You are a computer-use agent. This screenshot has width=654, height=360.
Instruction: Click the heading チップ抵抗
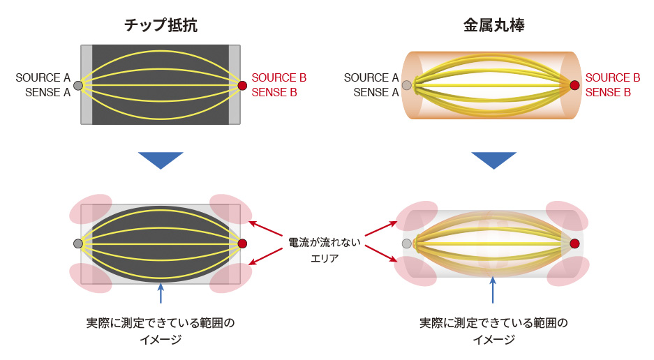(161, 26)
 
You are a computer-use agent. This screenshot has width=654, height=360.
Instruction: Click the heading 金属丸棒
(493, 26)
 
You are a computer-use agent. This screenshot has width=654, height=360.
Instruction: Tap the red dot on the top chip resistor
(242, 86)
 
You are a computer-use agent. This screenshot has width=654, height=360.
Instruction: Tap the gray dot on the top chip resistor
(78, 86)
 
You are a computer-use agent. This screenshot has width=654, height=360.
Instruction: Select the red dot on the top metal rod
(574, 85)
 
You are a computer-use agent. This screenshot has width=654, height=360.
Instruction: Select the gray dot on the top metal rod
(407, 86)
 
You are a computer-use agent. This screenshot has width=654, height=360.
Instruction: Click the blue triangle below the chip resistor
(161, 160)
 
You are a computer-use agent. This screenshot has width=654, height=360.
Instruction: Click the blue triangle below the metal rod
(493, 160)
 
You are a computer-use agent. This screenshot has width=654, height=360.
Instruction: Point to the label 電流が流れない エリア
(325, 250)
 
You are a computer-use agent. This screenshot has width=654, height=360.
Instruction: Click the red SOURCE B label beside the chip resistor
(279, 77)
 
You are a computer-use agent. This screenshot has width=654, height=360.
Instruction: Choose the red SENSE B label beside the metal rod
(609, 92)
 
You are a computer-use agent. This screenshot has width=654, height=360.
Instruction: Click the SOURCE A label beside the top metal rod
(371, 77)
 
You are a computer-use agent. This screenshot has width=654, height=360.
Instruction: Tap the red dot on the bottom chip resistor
(242, 243)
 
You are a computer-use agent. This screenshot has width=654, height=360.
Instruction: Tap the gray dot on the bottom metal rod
(407, 243)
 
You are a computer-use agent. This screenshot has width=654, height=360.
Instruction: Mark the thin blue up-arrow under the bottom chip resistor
(161, 293)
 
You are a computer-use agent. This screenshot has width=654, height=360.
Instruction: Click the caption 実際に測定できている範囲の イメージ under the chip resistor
(161, 331)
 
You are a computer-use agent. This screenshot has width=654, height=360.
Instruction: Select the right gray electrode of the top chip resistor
(235, 85)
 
